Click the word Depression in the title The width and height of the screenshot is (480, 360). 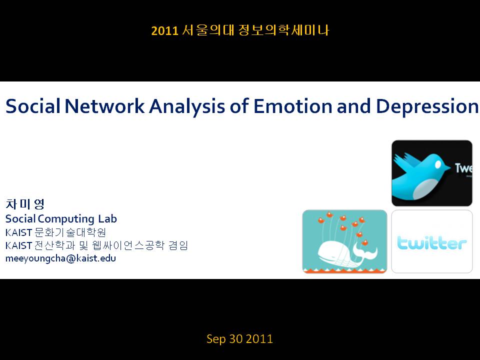coord(426,106)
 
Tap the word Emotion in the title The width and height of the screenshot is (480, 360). coord(292,106)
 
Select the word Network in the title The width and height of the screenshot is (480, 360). coord(104,106)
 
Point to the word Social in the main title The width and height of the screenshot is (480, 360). coord(33,106)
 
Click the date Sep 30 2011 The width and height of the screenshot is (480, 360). coord(239,339)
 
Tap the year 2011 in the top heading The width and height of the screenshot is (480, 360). coord(164,30)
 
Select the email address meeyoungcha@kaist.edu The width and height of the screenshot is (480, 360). coord(60,258)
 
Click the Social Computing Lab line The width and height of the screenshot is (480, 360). coord(61,218)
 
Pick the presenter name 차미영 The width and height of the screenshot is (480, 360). coord(25,203)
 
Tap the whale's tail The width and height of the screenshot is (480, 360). coord(365,250)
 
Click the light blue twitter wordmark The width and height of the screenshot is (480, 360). coord(432,243)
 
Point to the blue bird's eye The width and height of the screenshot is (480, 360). coord(438,165)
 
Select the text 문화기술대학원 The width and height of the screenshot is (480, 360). coord(70,232)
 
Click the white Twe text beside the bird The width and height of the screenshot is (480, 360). coord(463,168)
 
